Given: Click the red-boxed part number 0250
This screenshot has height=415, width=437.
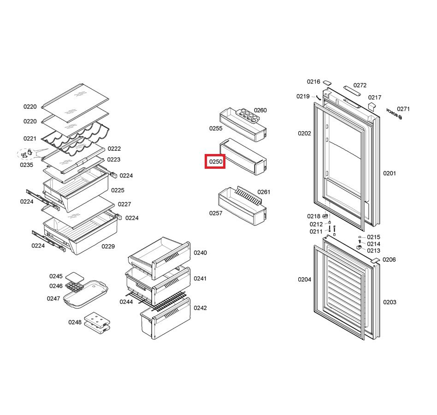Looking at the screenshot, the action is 216,162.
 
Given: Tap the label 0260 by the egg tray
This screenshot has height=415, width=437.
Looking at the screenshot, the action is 260,110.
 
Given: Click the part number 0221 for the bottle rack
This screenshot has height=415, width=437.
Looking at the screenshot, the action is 30,138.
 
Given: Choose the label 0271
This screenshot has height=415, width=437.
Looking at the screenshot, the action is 403,109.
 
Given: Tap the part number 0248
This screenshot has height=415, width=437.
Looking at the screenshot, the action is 75,322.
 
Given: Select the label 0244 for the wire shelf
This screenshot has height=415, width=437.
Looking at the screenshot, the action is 126,302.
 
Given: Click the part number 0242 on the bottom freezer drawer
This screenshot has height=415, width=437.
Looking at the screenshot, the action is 200,308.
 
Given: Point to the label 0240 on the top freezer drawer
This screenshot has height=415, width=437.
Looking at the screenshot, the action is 200,253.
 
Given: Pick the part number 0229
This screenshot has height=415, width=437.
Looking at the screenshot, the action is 108,246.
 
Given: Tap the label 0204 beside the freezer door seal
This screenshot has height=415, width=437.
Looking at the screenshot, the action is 304,279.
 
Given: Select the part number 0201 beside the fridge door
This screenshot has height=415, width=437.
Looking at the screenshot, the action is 390,173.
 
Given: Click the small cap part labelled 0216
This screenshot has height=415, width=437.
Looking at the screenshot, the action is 327,83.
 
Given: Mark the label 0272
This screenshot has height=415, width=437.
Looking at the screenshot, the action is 360,85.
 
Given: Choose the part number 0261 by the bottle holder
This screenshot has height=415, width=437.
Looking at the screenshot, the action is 264,192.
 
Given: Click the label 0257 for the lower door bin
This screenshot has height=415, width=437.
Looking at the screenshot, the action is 216,213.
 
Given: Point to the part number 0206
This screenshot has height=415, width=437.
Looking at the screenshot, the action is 389,260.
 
